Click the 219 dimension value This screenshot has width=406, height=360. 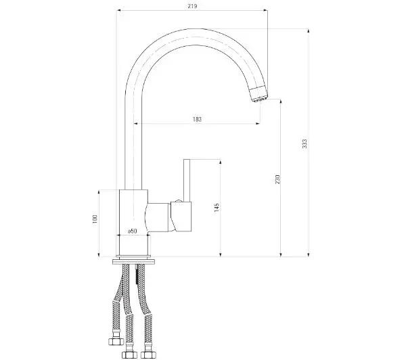(192, 6)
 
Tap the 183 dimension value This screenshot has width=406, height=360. (197, 119)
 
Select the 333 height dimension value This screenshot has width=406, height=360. (304, 143)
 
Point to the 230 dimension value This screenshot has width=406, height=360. (277, 179)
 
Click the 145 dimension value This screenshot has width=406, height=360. (217, 208)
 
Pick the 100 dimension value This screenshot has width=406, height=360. (95, 219)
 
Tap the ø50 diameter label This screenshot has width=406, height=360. (133, 231)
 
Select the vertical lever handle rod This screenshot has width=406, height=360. (187, 180)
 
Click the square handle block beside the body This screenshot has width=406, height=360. (181, 217)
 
